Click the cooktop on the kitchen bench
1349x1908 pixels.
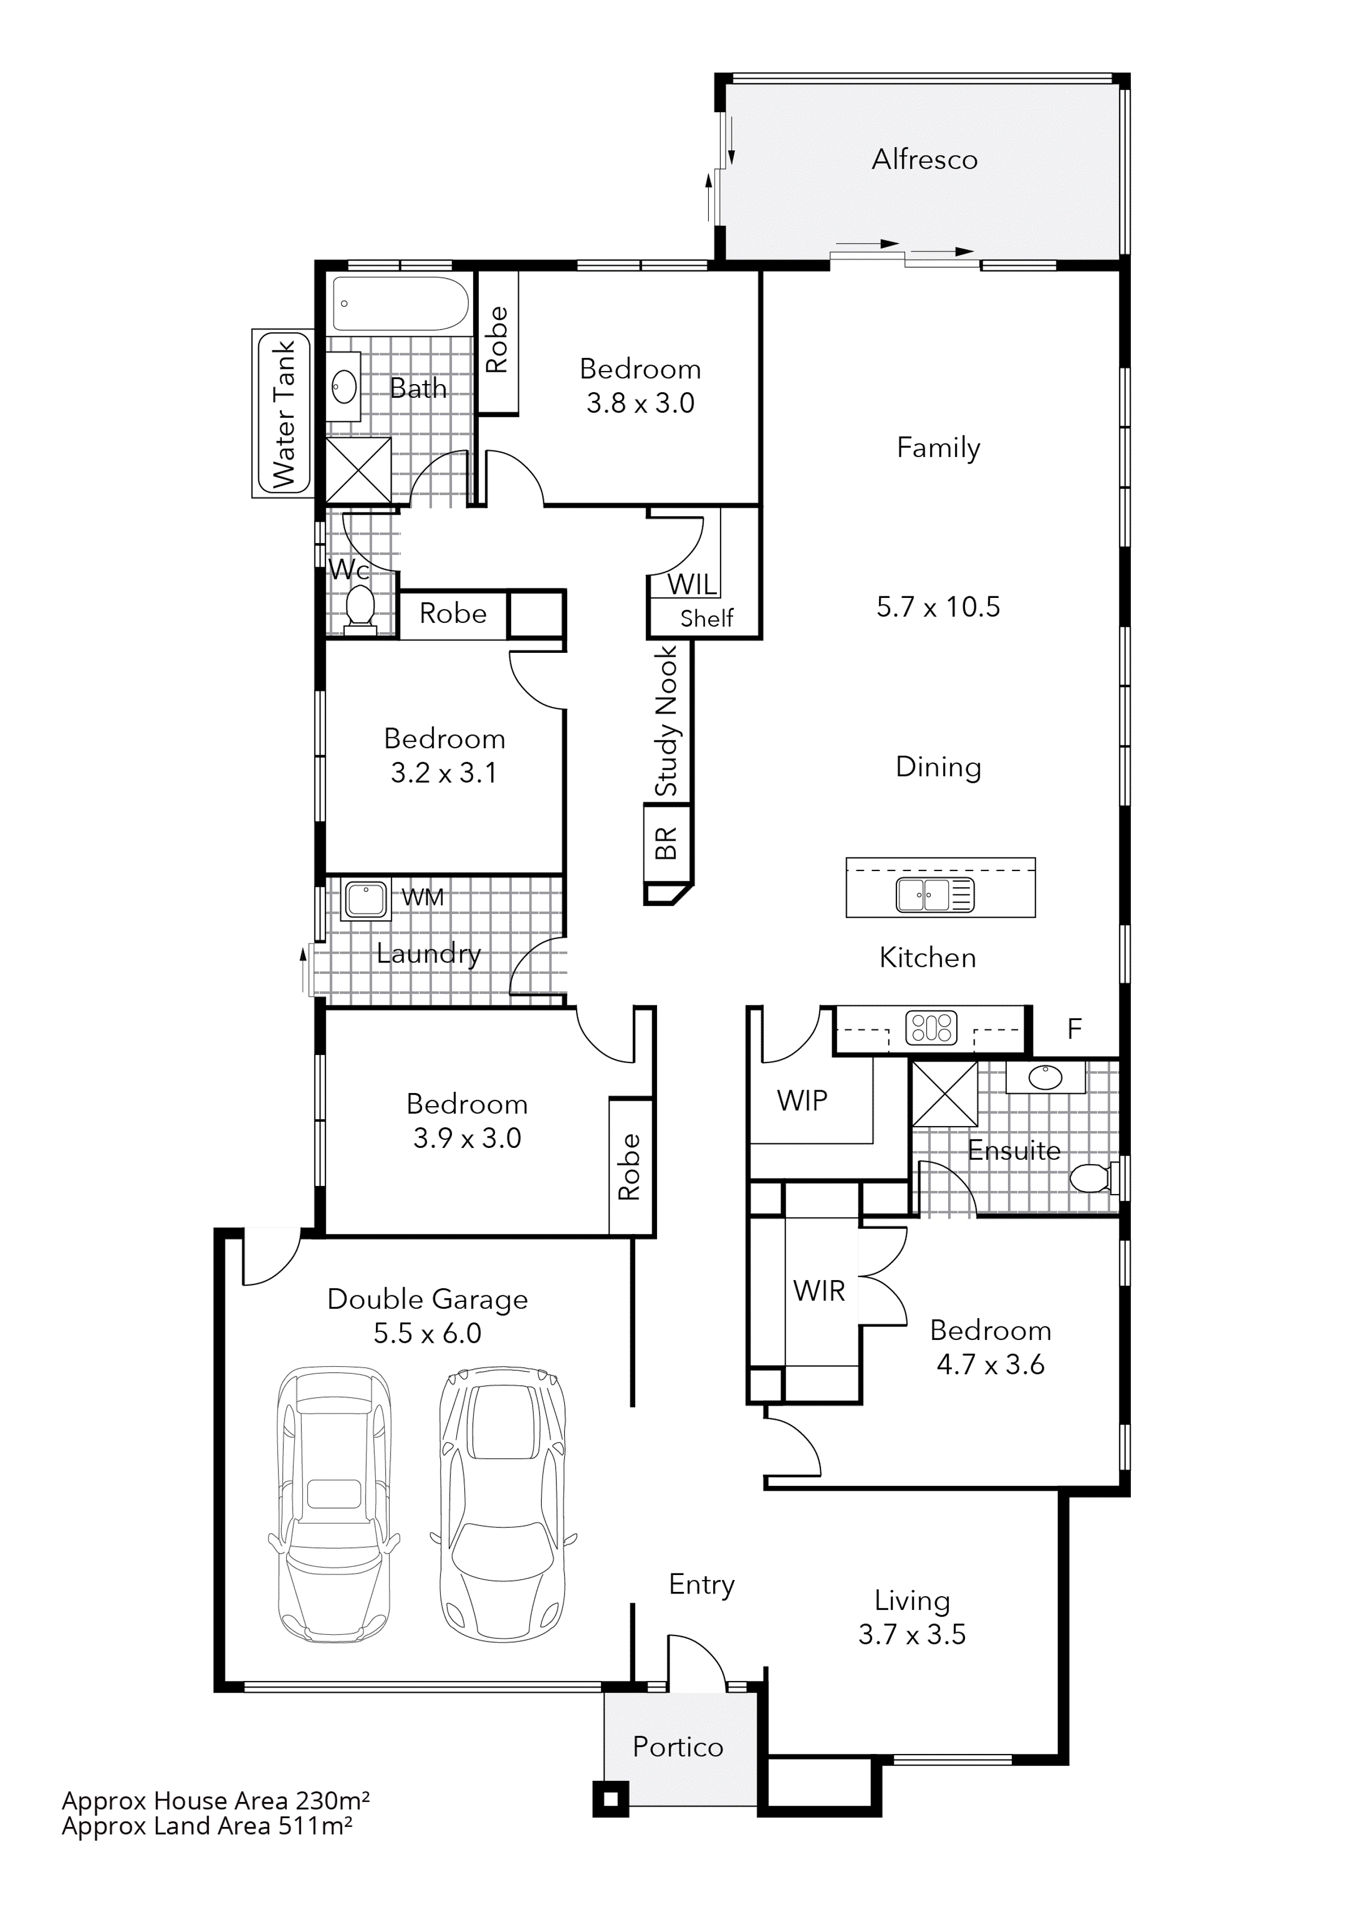click(931, 1028)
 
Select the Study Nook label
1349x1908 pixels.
click(667, 721)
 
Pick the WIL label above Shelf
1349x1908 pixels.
click(692, 584)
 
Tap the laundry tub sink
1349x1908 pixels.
click(366, 899)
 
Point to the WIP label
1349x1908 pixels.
click(802, 1100)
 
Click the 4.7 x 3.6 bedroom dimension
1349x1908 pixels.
click(990, 1364)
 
